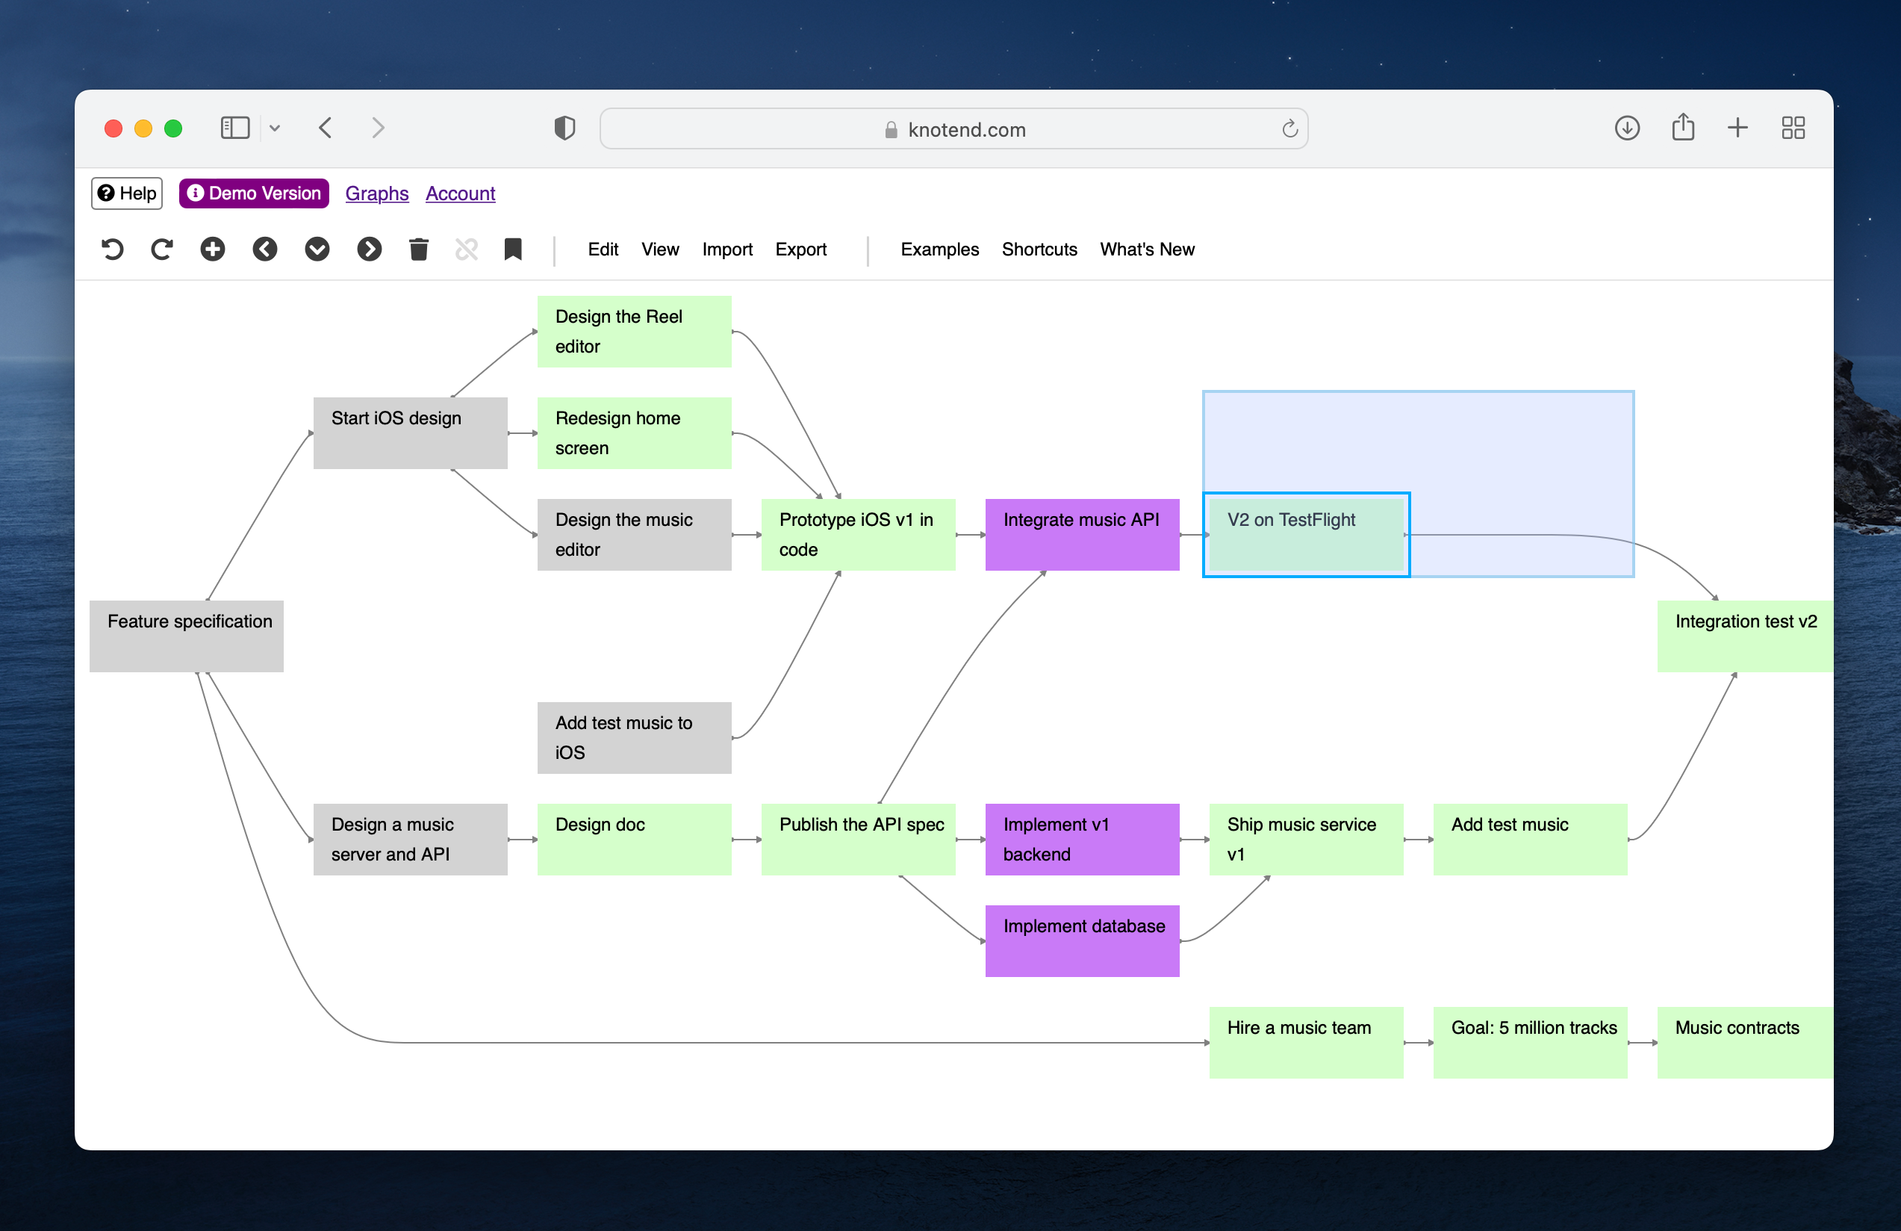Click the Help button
127,193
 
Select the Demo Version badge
254,193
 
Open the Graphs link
377,193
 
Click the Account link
460,193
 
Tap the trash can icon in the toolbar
419,249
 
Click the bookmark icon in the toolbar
513,249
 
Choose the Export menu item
800,249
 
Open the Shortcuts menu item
1039,249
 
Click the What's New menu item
1147,249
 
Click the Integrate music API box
1083,534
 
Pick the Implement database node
1083,940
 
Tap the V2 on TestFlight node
1306,534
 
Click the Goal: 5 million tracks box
1531,1042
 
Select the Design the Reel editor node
634,332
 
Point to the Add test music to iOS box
634,737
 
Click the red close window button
113,128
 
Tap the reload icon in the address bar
1289,128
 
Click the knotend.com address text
966,129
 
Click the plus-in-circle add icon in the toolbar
213,249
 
